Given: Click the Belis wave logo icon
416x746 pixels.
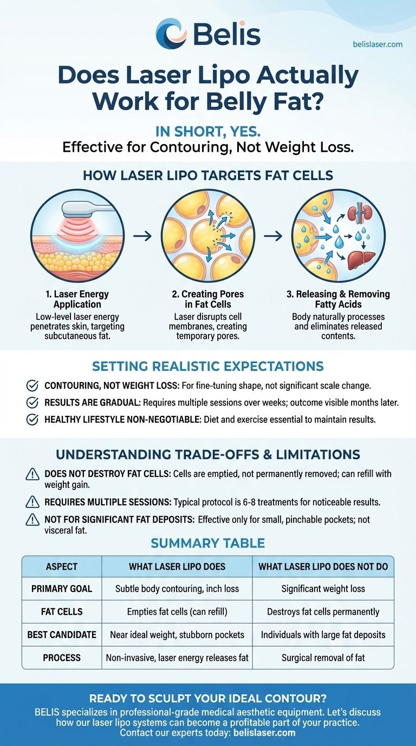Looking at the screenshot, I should point(172,33).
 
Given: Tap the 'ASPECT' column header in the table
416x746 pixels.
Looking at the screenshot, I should point(62,567).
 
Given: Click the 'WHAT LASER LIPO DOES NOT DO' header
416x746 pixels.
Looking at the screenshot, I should point(323,567).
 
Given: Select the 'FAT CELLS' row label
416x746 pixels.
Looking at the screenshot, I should point(62,612).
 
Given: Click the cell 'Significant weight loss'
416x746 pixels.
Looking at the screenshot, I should point(323,589).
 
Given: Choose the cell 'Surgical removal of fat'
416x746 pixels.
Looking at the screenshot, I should point(323,658).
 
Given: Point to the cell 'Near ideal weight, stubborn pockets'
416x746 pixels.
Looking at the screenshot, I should point(177,635).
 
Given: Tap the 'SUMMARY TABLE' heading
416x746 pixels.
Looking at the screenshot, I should point(207,543).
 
